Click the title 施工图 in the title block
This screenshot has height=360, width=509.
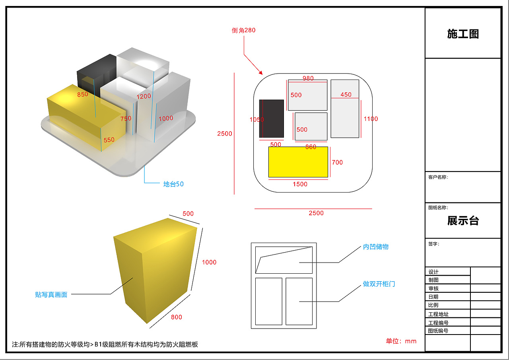[463, 34]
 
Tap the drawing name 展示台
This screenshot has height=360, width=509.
[463, 220]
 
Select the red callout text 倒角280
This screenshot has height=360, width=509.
[243, 30]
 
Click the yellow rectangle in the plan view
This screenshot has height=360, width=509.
[298, 162]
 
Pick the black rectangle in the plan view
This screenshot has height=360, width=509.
[272, 119]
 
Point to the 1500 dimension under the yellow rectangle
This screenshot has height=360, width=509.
[300, 184]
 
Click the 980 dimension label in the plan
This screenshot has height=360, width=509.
[308, 78]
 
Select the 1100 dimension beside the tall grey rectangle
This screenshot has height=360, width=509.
[371, 119]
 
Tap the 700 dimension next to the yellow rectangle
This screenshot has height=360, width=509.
[337, 162]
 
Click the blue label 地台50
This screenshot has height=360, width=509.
[173, 184]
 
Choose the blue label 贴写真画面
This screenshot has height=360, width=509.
[51, 294]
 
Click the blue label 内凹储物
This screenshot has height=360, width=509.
[376, 247]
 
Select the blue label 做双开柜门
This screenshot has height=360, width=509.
[379, 284]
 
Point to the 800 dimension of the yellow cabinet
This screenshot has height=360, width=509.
[176, 317]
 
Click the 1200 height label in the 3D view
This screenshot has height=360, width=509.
[144, 96]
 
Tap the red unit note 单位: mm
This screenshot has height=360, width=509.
[401, 341]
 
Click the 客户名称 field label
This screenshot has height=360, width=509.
[438, 177]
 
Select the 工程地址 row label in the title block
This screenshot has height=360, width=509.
[438, 314]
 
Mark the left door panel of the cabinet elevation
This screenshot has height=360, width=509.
[268, 302]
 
